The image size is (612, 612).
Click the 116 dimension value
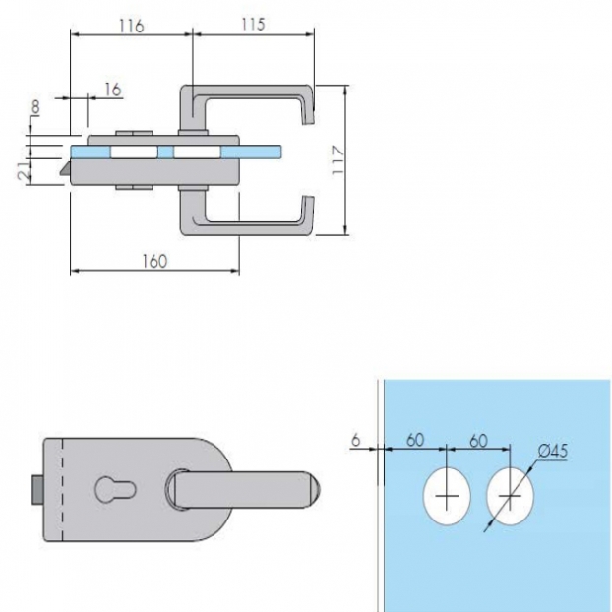(132, 26)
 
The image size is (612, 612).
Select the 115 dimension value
(253, 25)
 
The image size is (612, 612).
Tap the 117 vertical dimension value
(338, 160)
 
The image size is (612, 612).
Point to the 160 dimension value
(154, 261)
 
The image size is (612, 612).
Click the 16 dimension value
(113, 90)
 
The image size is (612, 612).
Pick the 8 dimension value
(35, 106)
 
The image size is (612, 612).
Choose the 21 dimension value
(25, 171)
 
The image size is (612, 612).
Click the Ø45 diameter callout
(552, 452)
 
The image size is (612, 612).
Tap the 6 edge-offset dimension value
(355, 440)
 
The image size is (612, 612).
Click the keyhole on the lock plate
(115, 489)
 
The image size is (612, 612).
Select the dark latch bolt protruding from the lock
(37, 489)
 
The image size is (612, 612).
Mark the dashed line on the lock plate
(62, 489)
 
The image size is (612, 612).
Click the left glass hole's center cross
(447, 497)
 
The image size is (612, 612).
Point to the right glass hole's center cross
(510, 497)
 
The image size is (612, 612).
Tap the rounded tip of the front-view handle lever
(317, 489)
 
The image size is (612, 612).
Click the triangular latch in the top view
(66, 168)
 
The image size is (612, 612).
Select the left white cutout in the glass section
(134, 153)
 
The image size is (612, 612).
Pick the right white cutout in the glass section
(197, 153)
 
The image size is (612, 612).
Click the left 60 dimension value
(415, 440)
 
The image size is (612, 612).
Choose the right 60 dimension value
(478, 441)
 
